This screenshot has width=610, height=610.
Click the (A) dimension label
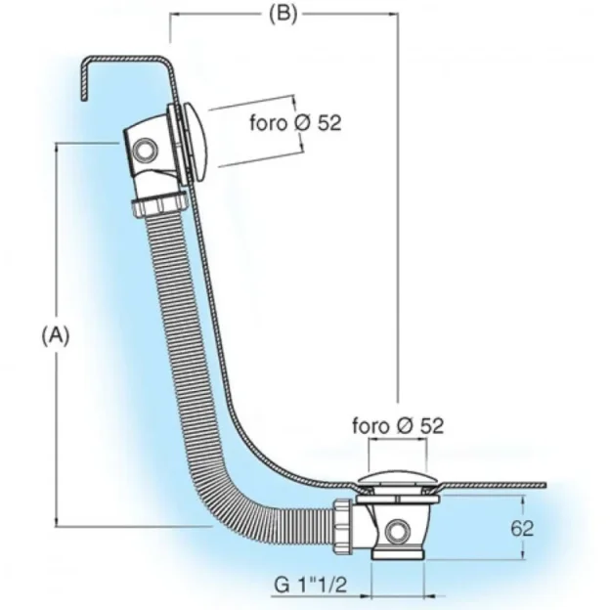[56, 334]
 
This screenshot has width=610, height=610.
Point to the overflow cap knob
[197, 141]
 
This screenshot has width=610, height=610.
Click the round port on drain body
[397, 531]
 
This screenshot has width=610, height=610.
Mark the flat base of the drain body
[397, 555]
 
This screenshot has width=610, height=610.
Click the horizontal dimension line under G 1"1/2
[391, 595]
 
